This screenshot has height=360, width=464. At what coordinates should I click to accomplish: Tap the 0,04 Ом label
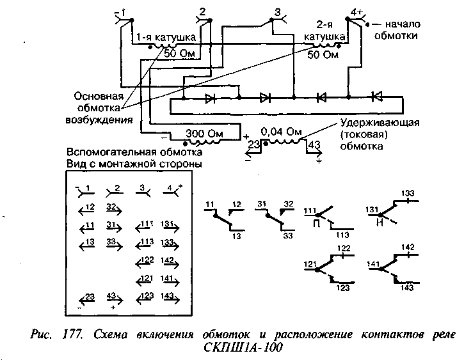coord(285,132)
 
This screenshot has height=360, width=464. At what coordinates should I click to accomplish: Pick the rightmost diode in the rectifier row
coord(377,97)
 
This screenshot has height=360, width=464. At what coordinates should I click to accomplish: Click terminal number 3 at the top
coord(276,12)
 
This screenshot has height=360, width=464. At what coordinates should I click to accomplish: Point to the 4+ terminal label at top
coord(358,12)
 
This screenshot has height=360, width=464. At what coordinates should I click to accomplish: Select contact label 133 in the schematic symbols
coord(408,192)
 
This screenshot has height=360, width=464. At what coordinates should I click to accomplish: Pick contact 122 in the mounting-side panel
coord(146,260)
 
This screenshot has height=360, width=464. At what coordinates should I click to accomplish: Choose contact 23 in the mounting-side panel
coord(88,296)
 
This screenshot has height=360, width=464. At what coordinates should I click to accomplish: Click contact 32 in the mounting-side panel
coord(111,207)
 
